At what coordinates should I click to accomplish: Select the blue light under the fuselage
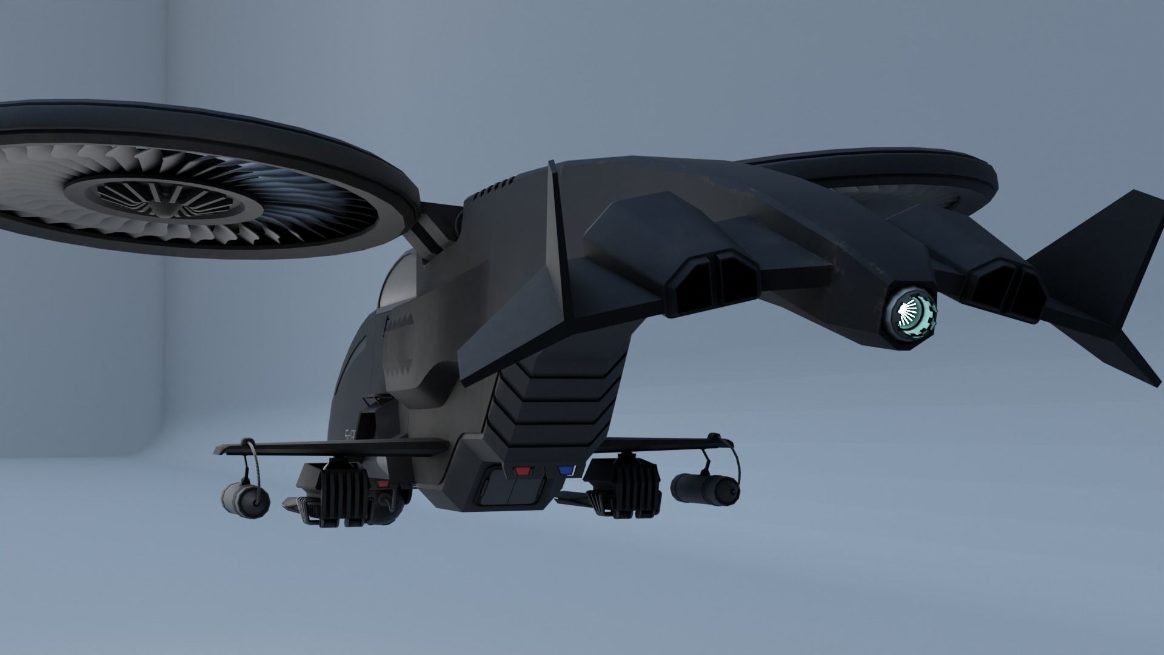pos(566,470)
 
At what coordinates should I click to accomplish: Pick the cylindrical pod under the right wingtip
pos(706,488)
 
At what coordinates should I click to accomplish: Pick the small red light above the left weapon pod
pos(382,483)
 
